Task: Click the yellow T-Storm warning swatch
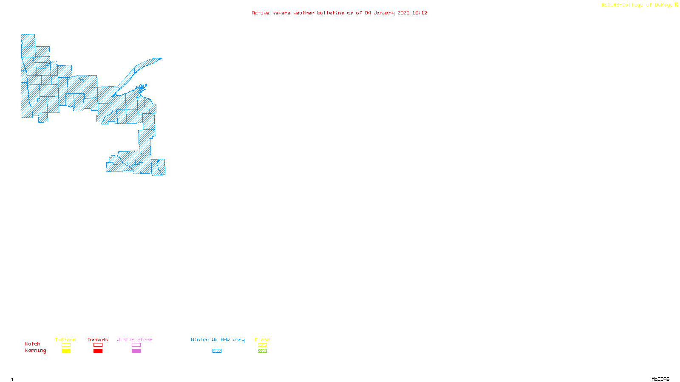tap(66, 351)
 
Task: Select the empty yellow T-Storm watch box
tap(66, 345)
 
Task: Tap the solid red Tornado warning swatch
tap(98, 351)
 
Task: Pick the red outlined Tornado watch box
tap(98, 345)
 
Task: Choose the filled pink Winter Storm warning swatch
tap(136, 351)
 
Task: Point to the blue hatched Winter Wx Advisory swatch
tap(217, 351)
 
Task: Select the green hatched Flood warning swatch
tap(262, 351)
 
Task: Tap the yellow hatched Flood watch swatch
tap(262, 345)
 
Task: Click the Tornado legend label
tap(97, 340)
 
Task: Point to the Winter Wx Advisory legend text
tap(218, 340)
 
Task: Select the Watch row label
tap(33, 344)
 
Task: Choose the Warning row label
tap(35, 351)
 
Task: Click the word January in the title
tap(384, 13)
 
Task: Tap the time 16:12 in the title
tap(420, 13)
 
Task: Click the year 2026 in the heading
tap(404, 13)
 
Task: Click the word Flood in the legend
tap(262, 340)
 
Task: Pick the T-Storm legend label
tap(65, 340)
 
